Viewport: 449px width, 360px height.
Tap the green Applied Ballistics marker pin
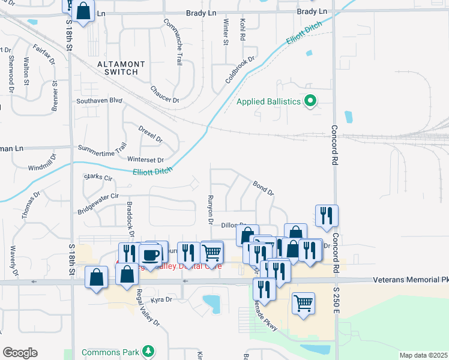[310, 101]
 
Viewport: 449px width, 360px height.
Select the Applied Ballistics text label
[268, 101]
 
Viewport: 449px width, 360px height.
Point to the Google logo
[20, 352]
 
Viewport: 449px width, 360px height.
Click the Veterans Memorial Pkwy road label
[410, 280]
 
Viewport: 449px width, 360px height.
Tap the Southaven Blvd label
[99, 101]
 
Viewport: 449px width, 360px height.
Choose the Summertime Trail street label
[103, 146]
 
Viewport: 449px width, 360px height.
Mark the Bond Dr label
[263, 188]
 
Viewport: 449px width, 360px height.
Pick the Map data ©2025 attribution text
[423, 355]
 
